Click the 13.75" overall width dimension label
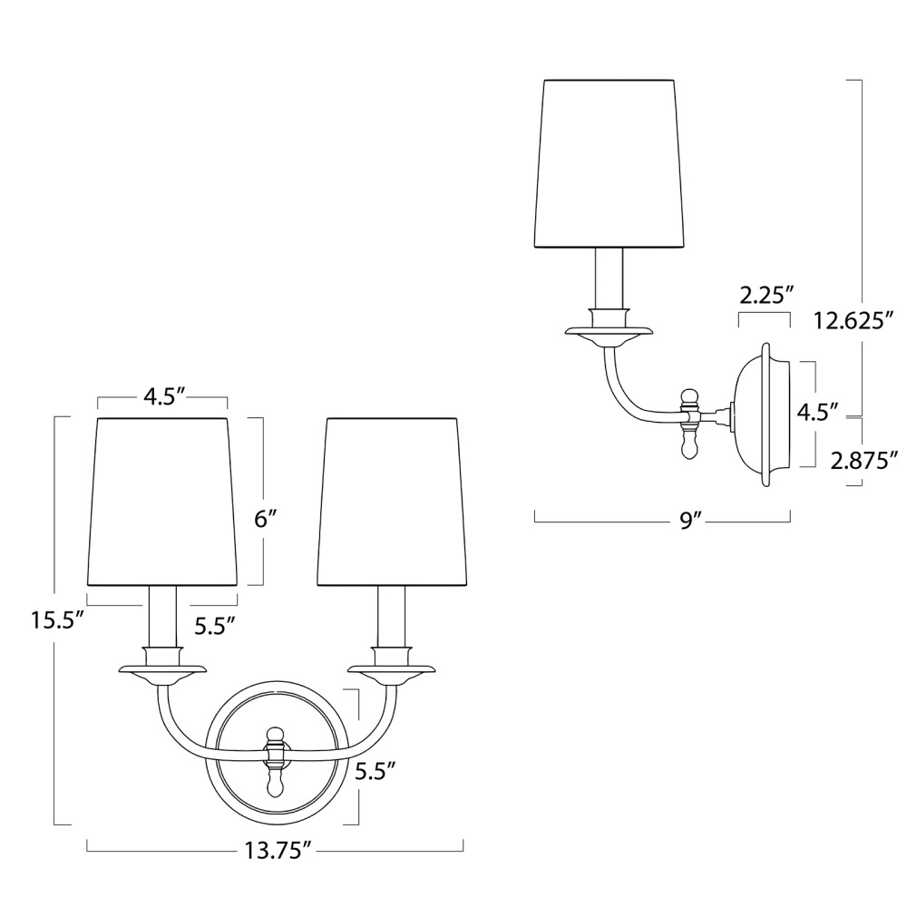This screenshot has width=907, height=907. [x=275, y=851]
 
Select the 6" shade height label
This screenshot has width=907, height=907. [x=267, y=520]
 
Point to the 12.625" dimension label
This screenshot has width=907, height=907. [x=853, y=320]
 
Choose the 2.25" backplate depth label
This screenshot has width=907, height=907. [x=766, y=296]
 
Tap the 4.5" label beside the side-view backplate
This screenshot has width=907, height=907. [x=818, y=413]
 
